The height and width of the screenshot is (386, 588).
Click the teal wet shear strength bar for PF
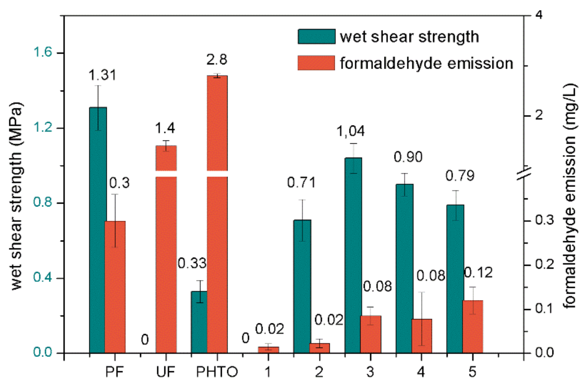point(98,229)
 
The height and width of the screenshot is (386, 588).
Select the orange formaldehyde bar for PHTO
point(217,237)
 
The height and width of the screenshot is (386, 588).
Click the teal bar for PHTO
point(199,322)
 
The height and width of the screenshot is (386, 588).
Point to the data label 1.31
point(102,75)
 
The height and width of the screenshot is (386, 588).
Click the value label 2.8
point(217,60)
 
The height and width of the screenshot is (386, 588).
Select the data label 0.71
point(301,182)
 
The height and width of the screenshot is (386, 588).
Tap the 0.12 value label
point(478,273)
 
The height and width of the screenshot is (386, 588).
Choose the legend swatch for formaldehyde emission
point(316,63)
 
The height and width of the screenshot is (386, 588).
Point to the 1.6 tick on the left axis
point(43,52)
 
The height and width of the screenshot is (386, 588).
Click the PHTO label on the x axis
point(217,372)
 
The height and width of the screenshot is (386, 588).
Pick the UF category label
point(165,372)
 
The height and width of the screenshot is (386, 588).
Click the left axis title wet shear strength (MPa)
point(16,196)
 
